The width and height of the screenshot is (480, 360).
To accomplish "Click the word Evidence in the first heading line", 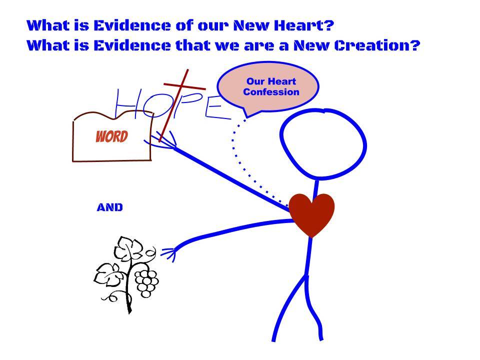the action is click(131, 25).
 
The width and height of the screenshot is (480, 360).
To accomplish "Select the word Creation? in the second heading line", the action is click(377, 45).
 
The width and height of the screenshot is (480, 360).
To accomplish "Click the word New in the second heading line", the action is click(311, 45).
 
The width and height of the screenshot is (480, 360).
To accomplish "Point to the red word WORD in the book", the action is click(111, 136).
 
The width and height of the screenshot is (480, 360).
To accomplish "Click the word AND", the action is click(109, 207).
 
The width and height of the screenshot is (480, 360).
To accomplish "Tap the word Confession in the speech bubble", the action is click(271, 92).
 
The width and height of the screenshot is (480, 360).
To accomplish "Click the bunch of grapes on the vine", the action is click(147, 282).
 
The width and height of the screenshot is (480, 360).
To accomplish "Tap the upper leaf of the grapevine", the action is click(128, 248).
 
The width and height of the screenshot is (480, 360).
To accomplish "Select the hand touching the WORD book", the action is click(161, 141).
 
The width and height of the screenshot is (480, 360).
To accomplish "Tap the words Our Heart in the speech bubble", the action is click(271, 81).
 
